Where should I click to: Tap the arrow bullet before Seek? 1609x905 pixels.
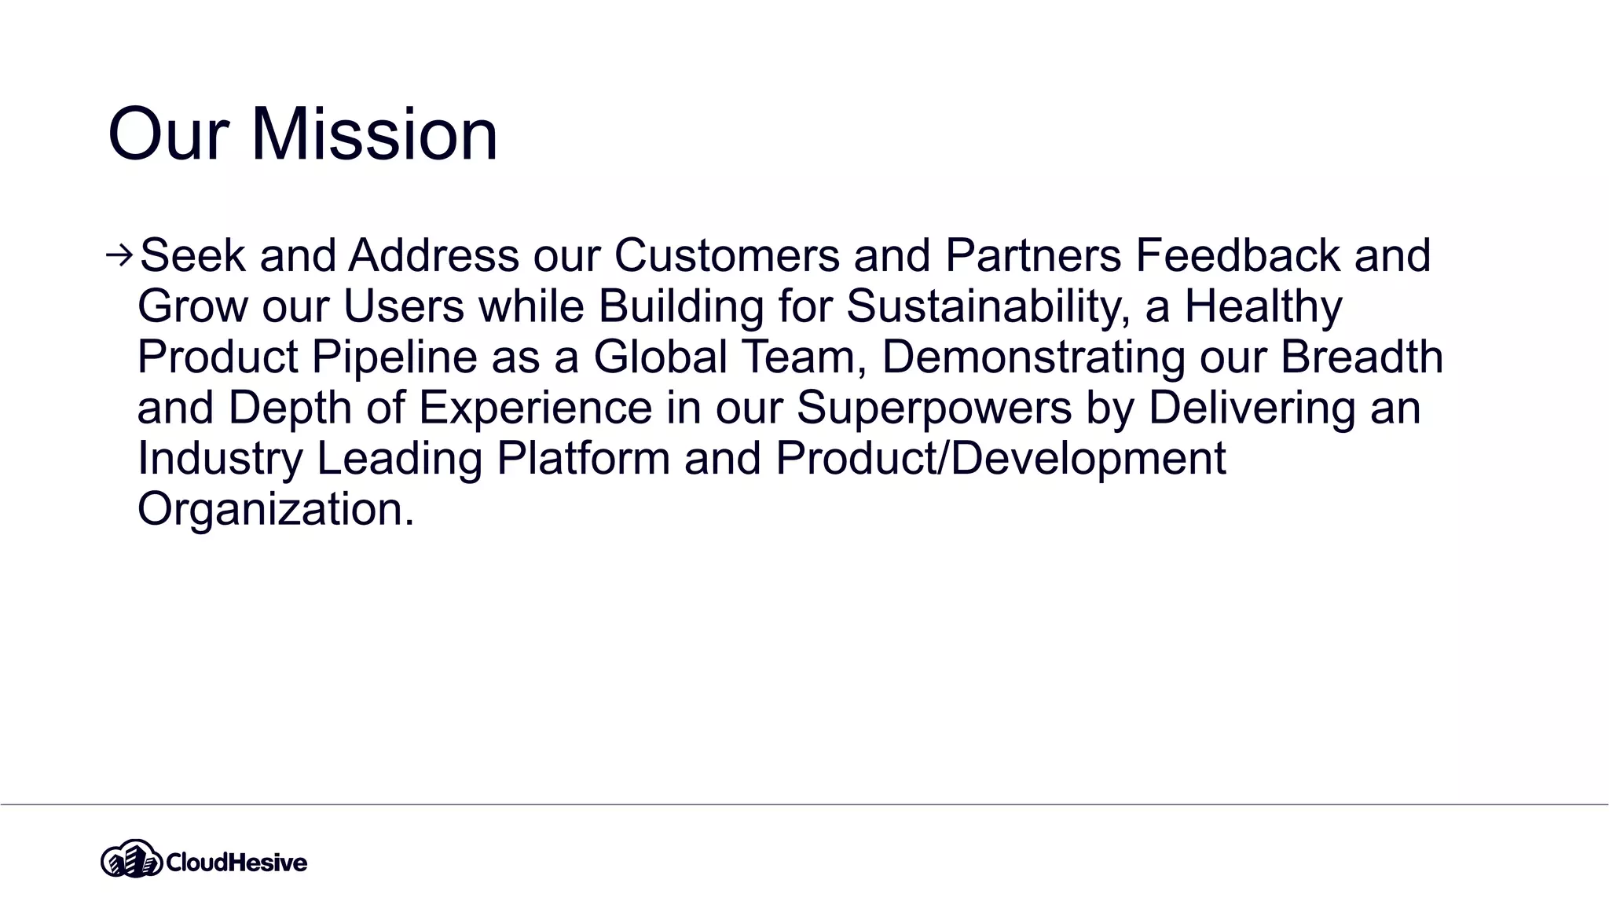(x=119, y=255)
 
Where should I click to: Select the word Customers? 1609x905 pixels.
(x=727, y=255)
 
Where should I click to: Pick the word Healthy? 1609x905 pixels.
(x=1263, y=306)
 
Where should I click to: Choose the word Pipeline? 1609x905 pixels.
(x=394, y=357)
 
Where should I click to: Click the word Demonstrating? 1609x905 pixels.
(x=1033, y=357)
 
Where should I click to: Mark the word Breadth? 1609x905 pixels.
(x=1362, y=357)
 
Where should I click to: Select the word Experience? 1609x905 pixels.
(x=535, y=407)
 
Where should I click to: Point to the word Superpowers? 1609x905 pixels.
(x=934, y=407)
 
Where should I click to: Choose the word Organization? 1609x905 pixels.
(x=275, y=508)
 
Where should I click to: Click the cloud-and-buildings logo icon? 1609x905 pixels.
(x=130, y=860)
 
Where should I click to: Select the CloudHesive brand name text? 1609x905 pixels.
(x=236, y=863)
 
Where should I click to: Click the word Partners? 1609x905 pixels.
(x=1032, y=255)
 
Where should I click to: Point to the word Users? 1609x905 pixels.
(x=404, y=306)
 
